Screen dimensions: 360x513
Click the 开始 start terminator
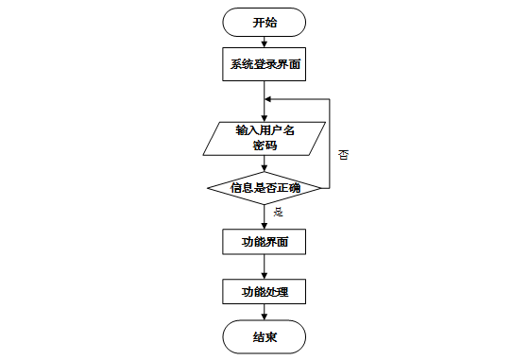click(x=265, y=23)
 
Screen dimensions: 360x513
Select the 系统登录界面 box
click(x=265, y=65)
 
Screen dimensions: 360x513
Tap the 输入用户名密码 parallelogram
click(x=265, y=138)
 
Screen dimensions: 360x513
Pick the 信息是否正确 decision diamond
click(x=265, y=187)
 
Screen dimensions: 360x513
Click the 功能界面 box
click(x=265, y=242)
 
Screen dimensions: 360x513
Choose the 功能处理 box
click(x=265, y=292)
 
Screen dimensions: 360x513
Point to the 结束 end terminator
click(x=265, y=336)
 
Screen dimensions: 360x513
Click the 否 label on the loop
click(x=343, y=154)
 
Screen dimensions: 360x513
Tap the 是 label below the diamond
click(x=278, y=213)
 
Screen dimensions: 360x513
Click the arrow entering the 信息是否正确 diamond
click(x=265, y=164)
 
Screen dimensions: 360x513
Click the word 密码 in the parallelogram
click(x=265, y=146)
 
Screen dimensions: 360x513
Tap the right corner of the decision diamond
click(x=321, y=187)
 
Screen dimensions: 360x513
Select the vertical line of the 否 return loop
click(x=329, y=142)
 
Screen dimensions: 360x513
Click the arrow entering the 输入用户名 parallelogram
click(x=265, y=104)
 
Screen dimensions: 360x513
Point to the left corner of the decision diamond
click(x=208, y=187)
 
